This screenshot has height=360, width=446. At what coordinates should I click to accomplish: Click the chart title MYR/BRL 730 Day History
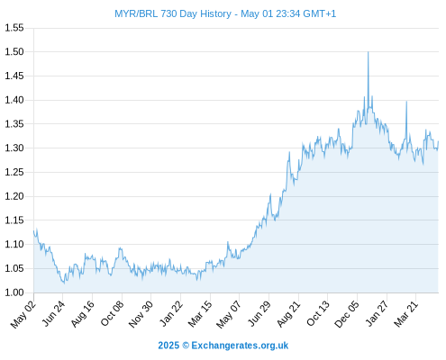click(173, 13)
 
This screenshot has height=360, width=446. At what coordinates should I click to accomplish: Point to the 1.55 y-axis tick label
click(14, 28)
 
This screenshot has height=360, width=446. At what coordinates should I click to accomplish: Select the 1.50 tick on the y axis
click(14, 51)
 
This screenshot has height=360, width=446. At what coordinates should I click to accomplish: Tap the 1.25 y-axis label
click(14, 172)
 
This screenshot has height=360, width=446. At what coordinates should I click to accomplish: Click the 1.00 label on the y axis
click(14, 292)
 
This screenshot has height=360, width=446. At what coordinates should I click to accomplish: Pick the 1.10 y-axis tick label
click(14, 244)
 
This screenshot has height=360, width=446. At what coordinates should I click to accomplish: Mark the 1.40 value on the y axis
click(14, 100)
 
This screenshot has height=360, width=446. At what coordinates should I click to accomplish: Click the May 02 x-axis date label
click(23, 314)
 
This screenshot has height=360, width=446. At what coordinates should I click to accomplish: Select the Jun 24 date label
click(53, 314)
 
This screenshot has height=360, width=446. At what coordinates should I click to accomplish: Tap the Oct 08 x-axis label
click(112, 314)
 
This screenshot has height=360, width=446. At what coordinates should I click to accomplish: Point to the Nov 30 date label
click(141, 314)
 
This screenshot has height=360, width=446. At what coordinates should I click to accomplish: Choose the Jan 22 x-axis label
click(170, 314)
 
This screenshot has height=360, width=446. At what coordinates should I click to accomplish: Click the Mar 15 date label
click(200, 314)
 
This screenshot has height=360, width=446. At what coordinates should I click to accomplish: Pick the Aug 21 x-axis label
click(288, 314)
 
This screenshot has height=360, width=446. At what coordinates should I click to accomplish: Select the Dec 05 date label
click(347, 314)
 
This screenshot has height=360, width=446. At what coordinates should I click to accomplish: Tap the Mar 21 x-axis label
click(405, 314)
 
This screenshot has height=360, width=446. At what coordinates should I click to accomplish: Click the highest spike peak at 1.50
click(369, 52)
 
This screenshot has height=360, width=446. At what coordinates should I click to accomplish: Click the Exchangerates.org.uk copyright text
click(240, 346)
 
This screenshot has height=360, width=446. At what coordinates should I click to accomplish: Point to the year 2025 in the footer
click(168, 346)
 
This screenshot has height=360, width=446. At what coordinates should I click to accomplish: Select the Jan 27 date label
click(377, 314)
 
